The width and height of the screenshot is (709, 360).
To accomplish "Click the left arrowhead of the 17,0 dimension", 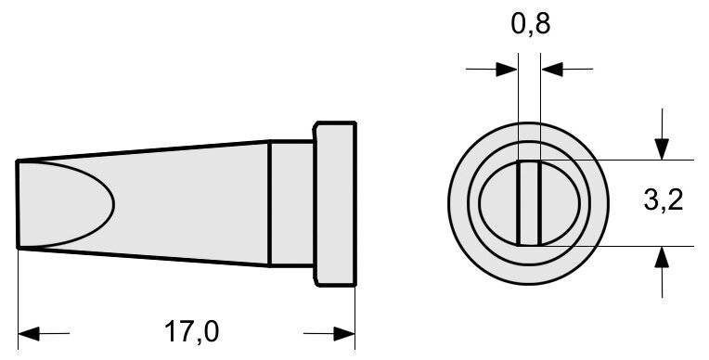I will pyautogui.click(x=28, y=332).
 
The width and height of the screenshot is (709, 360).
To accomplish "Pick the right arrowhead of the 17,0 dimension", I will pyautogui.click(x=345, y=332).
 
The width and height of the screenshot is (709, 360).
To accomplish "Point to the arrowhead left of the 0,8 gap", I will pyautogui.click(x=508, y=69).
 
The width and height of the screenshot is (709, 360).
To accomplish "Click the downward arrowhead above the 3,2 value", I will pyautogui.click(x=661, y=148).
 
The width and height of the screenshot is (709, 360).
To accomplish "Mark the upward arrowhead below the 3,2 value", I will pyautogui.click(x=661, y=257).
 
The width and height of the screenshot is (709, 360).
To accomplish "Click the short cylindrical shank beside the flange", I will pyautogui.click(x=291, y=203).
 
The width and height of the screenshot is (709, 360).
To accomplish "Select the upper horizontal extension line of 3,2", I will pyautogui.click(x=631, y=160).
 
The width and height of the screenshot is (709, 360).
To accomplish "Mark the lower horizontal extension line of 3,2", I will pyautogui.click(x=631, y=246).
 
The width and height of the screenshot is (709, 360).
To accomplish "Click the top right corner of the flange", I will pyautogui.click(x=354, y=122).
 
